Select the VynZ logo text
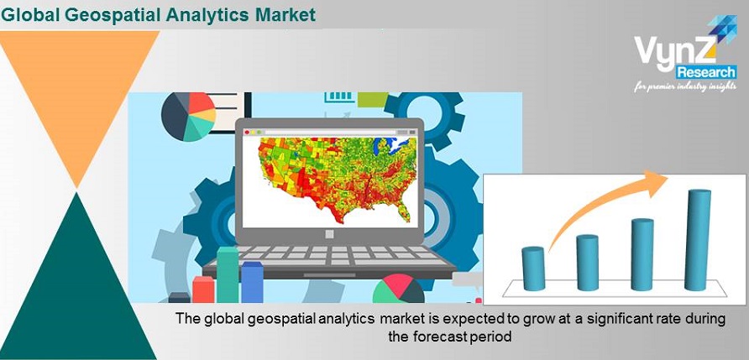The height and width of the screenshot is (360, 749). pos(674,51)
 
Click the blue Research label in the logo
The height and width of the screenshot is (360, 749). pos(706,72)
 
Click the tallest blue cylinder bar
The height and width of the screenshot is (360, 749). pos(698,240)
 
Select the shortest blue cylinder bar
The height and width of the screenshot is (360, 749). pos(533,269)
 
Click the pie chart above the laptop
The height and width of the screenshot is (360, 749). pos(188,117)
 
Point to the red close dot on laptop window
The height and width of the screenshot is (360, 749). pos(247,133)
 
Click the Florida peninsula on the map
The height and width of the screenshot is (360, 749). pos(404,212)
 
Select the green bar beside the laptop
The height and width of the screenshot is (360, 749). pos(228,274)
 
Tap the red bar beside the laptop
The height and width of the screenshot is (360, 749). pos(203,290)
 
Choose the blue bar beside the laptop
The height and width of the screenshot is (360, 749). pos(252,282)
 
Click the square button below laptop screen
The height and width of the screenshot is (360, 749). pos(330,234)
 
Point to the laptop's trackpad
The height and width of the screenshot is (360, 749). pos(329,275)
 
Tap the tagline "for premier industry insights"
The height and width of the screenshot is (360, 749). pos(685,87)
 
